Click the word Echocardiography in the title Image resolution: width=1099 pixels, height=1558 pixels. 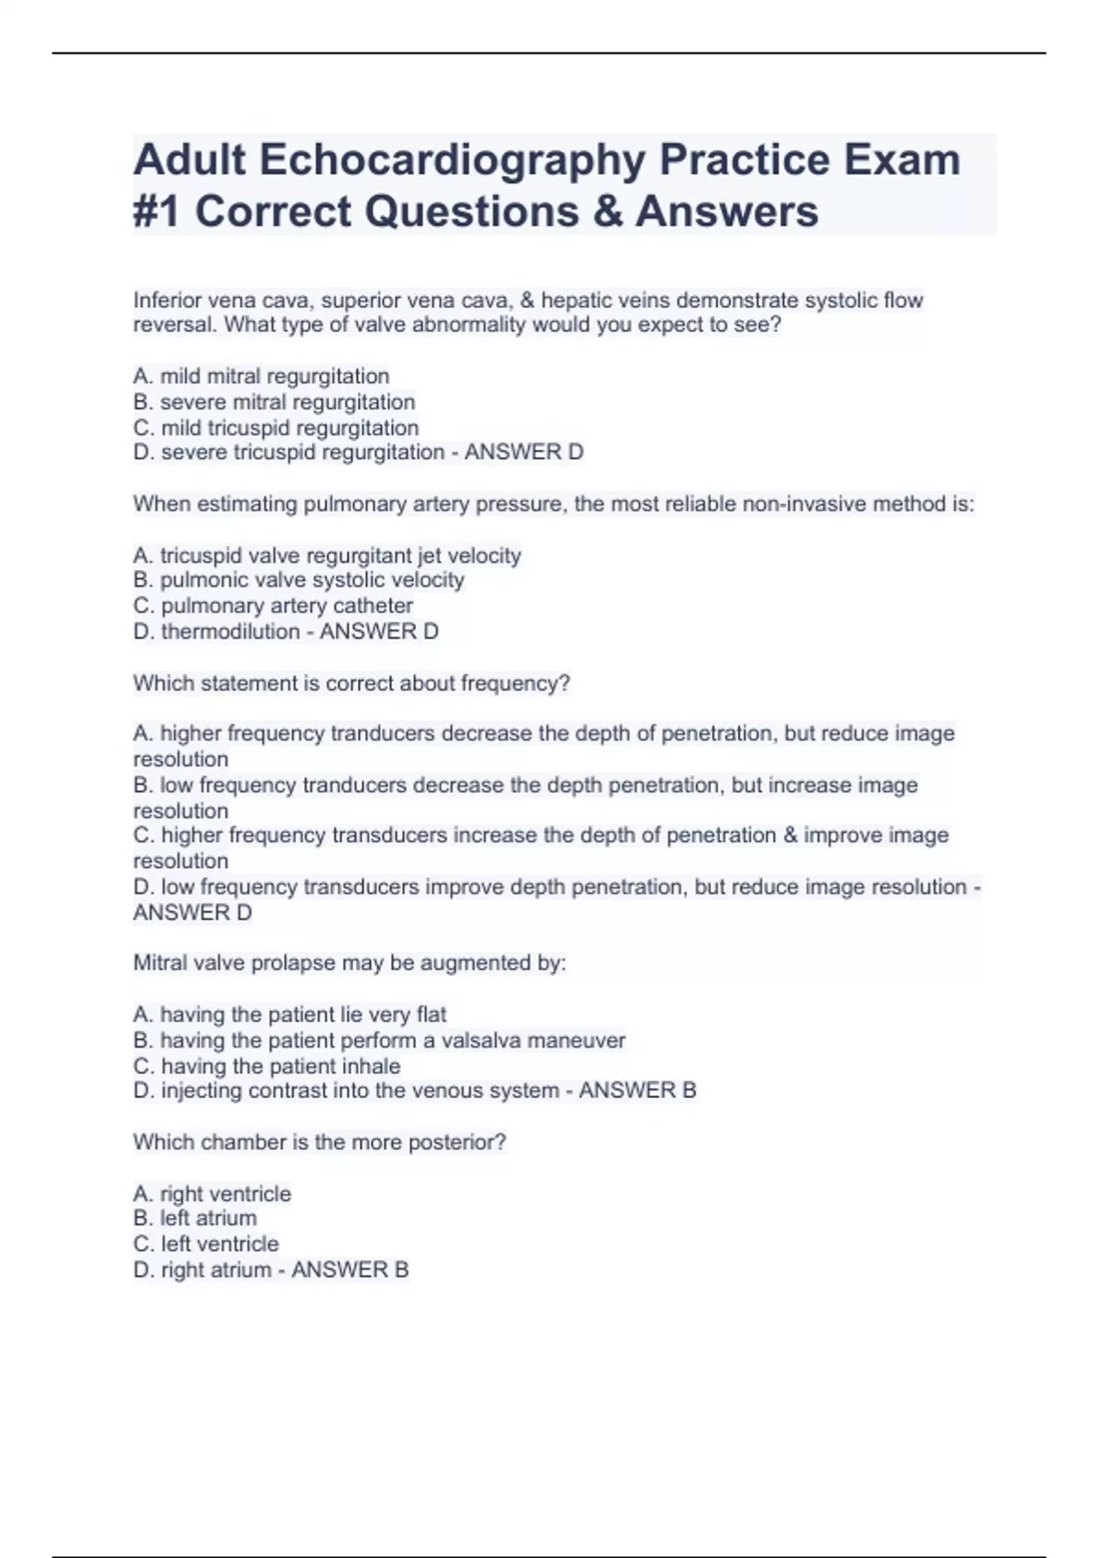point(452,160)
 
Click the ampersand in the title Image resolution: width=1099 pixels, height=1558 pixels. point(606,212)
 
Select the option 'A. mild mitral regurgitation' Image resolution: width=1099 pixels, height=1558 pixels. point(261,377)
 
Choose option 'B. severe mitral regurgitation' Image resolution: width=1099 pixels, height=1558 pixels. point(274,402)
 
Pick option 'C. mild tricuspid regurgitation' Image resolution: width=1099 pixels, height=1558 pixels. point(276,428)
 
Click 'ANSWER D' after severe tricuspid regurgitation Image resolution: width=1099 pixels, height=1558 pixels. point(524,453)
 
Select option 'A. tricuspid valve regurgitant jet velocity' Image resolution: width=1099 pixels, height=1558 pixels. point(327,555)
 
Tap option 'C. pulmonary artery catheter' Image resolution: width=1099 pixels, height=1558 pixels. point(273,606)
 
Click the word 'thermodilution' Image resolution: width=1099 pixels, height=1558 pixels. point(230,631)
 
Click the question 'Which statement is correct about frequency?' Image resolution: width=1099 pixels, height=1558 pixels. point(352,684)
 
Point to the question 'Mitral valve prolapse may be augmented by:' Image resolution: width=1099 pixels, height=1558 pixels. point(350,963)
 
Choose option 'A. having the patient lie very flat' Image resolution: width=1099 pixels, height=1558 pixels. point(289,1015)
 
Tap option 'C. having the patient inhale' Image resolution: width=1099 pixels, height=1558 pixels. point(267,1066)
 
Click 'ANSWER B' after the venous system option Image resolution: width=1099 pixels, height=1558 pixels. point(637,1091)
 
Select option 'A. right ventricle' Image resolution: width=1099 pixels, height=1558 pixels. point(212,1194)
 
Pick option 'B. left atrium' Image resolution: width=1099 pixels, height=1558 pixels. point(195,1218)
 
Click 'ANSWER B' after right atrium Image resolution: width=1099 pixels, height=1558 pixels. point(350,1270)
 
